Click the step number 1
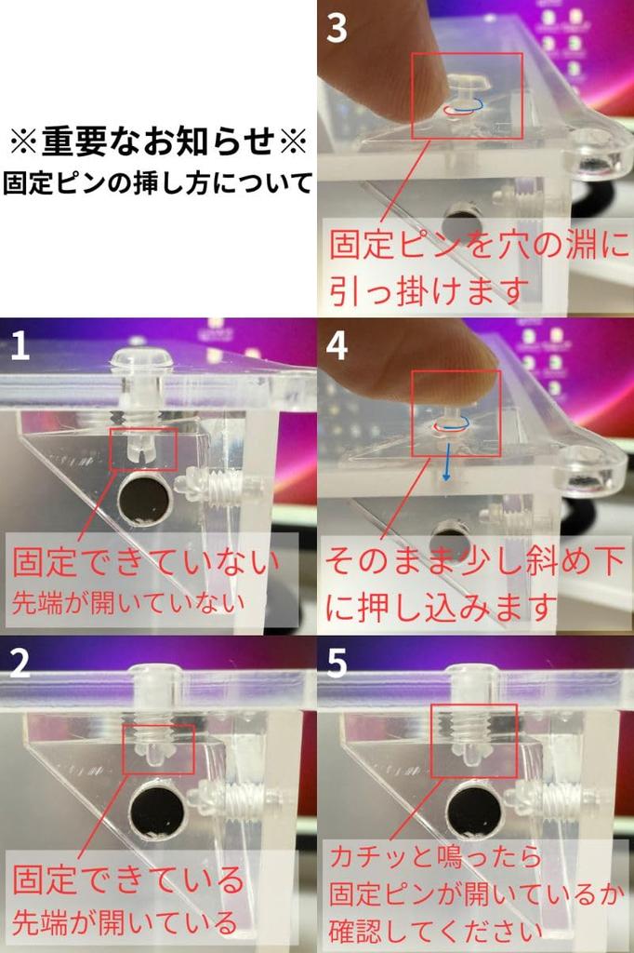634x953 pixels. click(20, 347)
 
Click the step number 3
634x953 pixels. click(337, 29)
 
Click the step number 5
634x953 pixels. click(337, 663)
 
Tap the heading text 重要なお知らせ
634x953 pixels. click(157, 142)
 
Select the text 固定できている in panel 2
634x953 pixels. click(127, 879)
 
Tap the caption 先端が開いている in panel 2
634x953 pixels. click(125, 922)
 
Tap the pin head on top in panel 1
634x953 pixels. click(140, 358)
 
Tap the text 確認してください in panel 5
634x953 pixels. click(435, 930)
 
